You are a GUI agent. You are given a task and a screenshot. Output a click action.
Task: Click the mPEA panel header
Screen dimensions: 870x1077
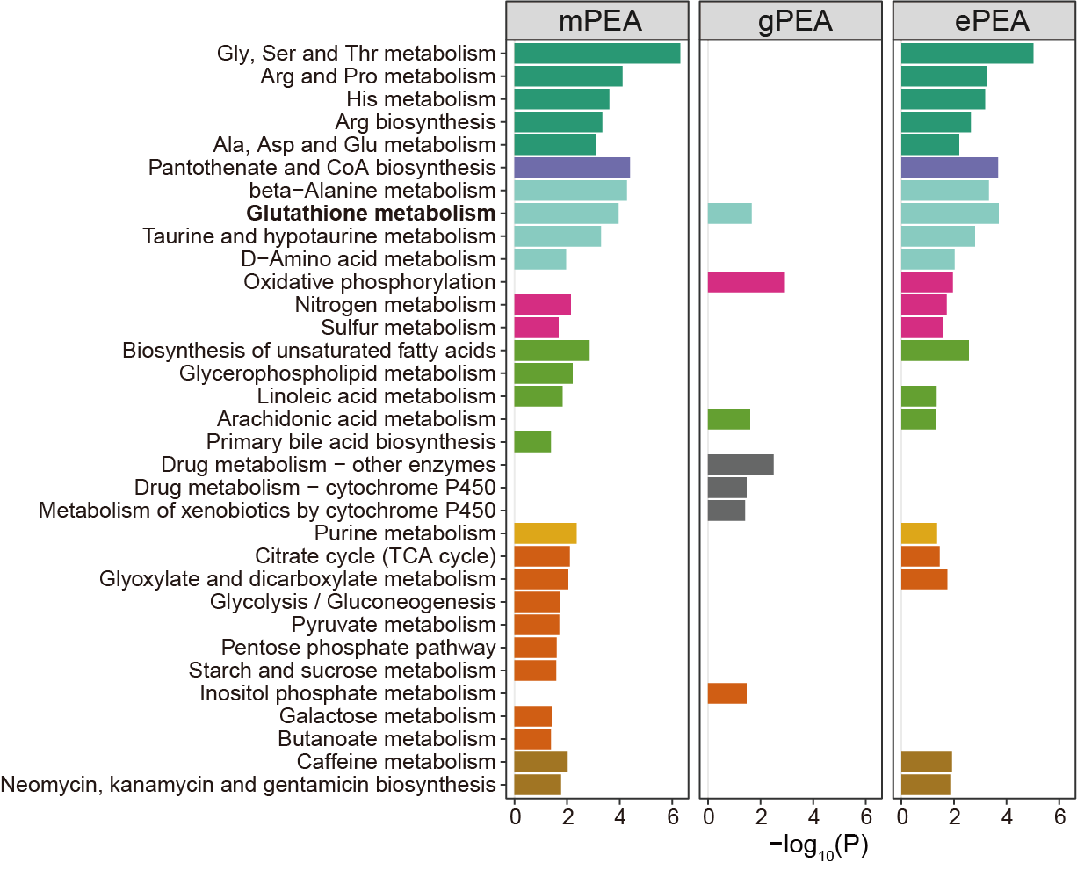pyautogui.click(x=601, y=21)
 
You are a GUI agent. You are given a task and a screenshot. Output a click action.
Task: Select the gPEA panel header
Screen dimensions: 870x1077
pyautogui.click(x=795, y=21)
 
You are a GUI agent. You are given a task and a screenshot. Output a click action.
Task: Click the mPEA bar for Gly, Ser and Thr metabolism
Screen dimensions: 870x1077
pyautogui.click(x=597, y=54)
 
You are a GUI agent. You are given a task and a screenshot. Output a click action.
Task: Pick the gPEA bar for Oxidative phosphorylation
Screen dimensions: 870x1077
pyautogui.click(x=746, y=282)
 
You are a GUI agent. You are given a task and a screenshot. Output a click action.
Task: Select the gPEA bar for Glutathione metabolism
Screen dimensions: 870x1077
pyautogui.click(x=729, y=214)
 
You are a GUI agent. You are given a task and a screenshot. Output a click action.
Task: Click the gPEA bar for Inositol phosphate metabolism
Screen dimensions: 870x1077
pyautogui.click(x=727, y=693)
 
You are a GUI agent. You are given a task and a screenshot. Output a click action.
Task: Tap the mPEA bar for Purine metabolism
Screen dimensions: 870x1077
pyautogui.click(x=546, y=533)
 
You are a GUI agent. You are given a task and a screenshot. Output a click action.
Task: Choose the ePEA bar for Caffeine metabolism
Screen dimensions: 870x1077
pyautogui.click(x=927, y=762)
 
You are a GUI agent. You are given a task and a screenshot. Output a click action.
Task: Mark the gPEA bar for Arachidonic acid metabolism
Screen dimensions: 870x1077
pyautogui.click(x=729, y=419)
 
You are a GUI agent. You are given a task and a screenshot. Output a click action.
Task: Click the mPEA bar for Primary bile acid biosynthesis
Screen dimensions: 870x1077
pyautogui.click(x=532, y=442)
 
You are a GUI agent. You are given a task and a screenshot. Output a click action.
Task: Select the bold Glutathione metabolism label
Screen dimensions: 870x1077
pyautogui.click(x=371, y=214)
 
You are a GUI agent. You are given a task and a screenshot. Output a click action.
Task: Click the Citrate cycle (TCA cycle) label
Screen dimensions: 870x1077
pyautogui.click(x=375, y=556)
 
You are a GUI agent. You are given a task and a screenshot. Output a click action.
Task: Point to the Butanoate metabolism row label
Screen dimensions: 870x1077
pyautogui.click(x=387, y=739)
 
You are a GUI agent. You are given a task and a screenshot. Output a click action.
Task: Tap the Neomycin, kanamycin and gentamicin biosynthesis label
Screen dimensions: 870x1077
pyautogui.click(x=249, y=785)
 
